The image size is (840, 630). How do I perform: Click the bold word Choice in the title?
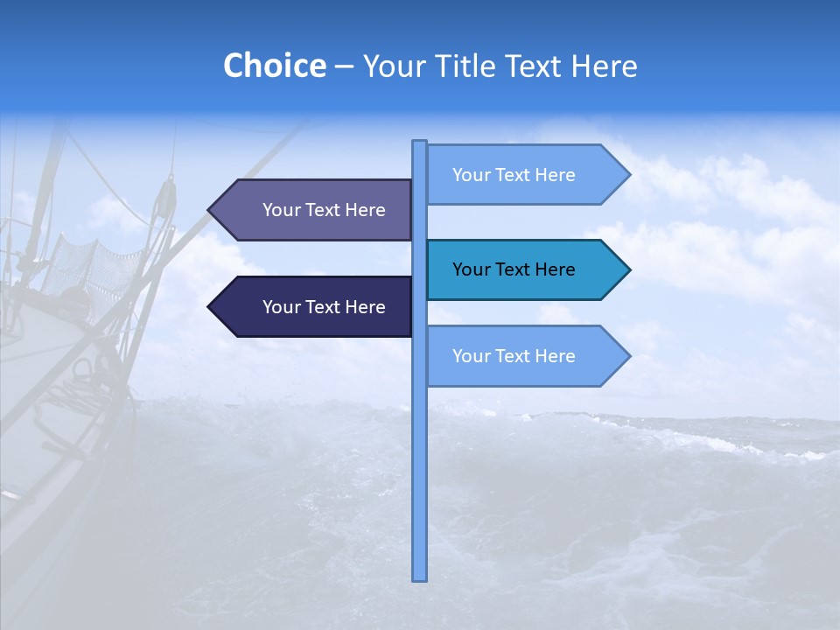point(274,66)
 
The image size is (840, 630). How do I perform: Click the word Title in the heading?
point(470,66)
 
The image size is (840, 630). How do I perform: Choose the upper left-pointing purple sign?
point(315,210)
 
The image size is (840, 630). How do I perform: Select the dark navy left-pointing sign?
point(315,307)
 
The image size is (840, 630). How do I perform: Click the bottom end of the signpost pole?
point(419,577)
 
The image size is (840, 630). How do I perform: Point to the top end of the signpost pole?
point(419,143)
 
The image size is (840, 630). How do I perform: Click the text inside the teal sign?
point(514,269)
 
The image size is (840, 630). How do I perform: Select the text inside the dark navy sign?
point(324,307)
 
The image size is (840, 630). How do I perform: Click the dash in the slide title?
point(344,66)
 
